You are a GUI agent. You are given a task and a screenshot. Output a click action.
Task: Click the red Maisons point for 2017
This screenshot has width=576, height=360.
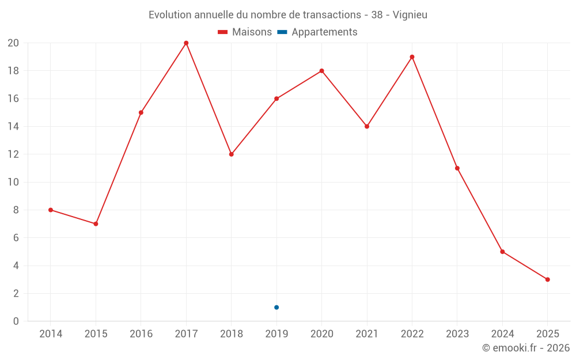pyautogui.click(x=186, y=43)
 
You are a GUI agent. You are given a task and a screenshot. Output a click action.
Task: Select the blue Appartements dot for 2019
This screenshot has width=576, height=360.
pyautogui.click(x=276, y=307)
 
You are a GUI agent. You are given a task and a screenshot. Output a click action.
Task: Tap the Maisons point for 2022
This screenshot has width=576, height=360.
pyautogui.click(x=412, y=57)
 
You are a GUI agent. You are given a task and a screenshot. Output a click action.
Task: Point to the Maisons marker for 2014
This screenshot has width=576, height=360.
pyautogui.click(x=51, y=210)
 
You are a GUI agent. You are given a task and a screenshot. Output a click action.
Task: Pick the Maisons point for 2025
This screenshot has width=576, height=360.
pyautogui.click(x=547, y=279)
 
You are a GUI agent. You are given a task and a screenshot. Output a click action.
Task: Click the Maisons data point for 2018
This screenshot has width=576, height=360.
pyautogui.click(x=231, y=154)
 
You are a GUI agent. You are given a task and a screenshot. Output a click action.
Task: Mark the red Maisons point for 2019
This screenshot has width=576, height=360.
pyautogui.click(x=276, y=98)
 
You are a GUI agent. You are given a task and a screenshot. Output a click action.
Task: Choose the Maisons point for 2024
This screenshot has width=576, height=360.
pyautogui.click(x=502, y=252)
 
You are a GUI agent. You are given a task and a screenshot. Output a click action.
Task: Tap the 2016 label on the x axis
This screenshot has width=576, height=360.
pyautogui.click(x=141, y=334)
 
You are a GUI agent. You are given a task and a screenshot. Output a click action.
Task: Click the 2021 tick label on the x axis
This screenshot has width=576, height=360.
pyautogui.click(x=367, y=334)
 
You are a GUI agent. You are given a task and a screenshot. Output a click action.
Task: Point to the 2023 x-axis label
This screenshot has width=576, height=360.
pyautogui.click(x=457, y=334)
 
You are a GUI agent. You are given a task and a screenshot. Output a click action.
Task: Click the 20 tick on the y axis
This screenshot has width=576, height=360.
pyautogui.click(x=13, y=43)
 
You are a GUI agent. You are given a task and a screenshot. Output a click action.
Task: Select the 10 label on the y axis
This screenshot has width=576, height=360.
pyautogui.click(x=13, y=182)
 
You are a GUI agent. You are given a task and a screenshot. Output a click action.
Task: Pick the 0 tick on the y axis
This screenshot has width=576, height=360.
pyautogui.click(x=16, y=321)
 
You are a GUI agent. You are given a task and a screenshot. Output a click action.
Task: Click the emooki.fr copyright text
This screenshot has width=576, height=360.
pyautogui.click(x=526, y=348)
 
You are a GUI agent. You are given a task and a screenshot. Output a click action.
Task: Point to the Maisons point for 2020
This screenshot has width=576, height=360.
pyautogui.click(x=321, y=71)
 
